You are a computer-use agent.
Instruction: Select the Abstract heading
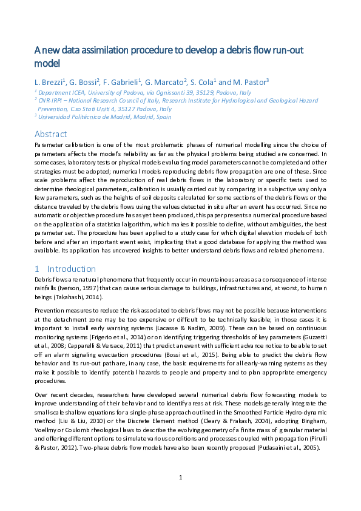(50, 134)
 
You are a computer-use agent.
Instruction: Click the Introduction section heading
(71, 268)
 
